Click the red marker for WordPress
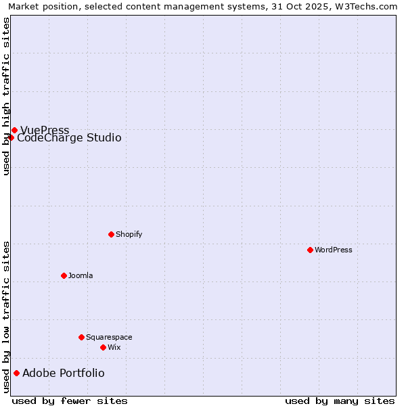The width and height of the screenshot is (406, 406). coord(310,250)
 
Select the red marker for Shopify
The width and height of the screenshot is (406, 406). coord(111,234)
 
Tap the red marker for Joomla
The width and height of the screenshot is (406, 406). coord(64,275)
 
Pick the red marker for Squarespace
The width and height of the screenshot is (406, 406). coord(81,337)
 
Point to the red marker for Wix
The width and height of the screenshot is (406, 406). coord(103,347)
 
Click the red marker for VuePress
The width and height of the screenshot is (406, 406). coord(14,130)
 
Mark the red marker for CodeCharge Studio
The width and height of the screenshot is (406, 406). coord(11,138)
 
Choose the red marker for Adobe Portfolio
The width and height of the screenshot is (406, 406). coord(16,373)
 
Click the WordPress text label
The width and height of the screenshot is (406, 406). coord(334,250)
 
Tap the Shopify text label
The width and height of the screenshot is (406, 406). coord(129,234)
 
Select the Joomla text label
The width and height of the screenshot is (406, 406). coord(81,275)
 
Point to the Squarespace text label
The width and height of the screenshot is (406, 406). coord(109,337)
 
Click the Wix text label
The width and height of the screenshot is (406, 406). coord(114,347)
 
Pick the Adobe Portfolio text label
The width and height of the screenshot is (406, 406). coord(64,373)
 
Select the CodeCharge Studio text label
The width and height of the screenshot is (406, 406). coord(69,138)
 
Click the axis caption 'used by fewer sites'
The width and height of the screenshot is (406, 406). coord(70,401)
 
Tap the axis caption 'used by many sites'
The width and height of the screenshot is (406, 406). coord(340,401)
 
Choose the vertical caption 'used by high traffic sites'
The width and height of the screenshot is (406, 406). coord(6,96)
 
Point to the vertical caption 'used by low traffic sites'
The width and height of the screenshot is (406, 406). coord(6,317)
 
